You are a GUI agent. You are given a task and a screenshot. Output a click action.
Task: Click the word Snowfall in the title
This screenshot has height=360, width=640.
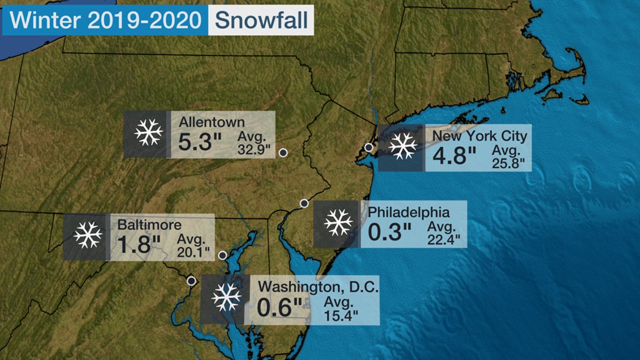tap(260, 20)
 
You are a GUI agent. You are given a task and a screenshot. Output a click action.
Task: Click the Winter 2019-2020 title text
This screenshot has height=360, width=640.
tap(105, 20)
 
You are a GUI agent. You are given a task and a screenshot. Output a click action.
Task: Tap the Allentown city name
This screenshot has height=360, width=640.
tap(212, 122)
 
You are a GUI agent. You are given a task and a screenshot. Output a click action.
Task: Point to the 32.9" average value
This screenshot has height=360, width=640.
tap(253, 148)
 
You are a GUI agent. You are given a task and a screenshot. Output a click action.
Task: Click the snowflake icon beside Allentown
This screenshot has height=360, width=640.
tap(148, 132)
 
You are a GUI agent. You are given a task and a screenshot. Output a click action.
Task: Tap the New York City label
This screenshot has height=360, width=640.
tap(479, 136)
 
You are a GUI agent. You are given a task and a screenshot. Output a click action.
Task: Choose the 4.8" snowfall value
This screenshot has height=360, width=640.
tap(454, 156)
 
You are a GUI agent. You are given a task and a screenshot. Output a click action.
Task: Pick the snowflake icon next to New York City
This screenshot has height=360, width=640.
tap(402, 146)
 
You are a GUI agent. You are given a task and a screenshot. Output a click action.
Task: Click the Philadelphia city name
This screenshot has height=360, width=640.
tap(409, 212)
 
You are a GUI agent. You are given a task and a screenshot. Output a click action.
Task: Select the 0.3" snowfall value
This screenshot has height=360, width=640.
tap(389, 232)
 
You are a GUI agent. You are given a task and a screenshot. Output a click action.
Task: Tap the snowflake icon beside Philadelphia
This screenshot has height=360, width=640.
tap(338, 222)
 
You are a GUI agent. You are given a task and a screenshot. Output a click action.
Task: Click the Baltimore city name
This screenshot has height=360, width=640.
tap(149, 224)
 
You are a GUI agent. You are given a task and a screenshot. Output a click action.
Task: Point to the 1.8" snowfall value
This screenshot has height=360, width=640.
tap(138, 245)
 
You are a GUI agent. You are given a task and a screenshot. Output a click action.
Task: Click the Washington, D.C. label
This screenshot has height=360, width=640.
tap(318, 287)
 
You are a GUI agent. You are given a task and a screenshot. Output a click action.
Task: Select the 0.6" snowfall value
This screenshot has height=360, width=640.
tap(280, 307)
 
